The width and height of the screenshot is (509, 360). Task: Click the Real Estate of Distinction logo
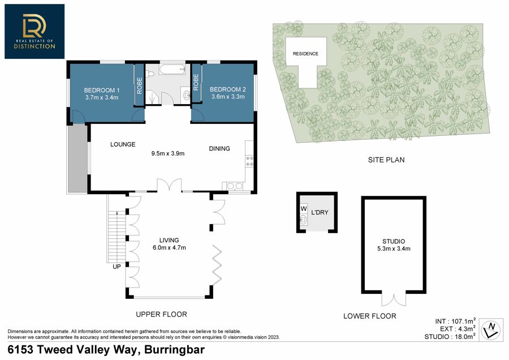[34, 32]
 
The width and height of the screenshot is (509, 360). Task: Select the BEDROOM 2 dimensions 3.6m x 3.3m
[228, 96]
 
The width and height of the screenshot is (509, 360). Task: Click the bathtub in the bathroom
[172, 69]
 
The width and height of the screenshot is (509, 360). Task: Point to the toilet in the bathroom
[150, 74]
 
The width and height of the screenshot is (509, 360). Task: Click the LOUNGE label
[123, 144]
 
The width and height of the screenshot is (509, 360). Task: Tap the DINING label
[219, 148]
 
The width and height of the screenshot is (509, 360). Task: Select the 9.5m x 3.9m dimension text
[168, 153]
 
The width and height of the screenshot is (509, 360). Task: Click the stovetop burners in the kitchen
[249, 161]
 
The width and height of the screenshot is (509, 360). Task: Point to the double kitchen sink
[235, 186]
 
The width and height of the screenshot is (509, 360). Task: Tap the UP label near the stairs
[117, 267]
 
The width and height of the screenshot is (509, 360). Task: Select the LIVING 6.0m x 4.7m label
[169, 244]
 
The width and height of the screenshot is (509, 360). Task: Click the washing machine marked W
[304, 209]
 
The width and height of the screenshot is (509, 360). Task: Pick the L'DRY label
[320, 212]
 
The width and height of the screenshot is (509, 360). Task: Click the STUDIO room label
[394, 241]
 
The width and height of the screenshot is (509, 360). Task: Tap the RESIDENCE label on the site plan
[305, 54]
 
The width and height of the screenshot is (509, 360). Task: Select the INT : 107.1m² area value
[455, 321]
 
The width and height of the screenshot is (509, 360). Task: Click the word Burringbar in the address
[174, 350]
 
